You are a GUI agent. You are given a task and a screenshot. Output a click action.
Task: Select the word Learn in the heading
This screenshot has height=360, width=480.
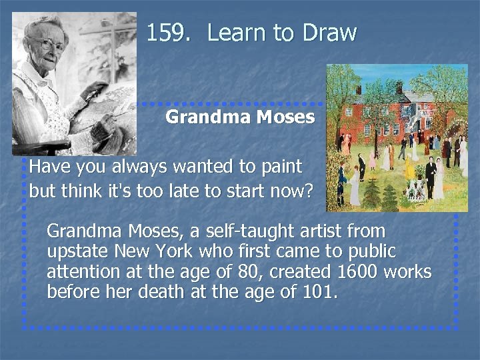coord(237,33)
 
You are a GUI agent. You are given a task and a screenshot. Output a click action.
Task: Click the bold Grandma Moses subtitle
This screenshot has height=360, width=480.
coord(240,118)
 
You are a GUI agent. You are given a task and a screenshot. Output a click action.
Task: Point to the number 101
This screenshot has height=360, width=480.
coord(325,292)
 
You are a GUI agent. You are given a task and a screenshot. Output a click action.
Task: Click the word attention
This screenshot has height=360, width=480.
coord(79,272)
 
